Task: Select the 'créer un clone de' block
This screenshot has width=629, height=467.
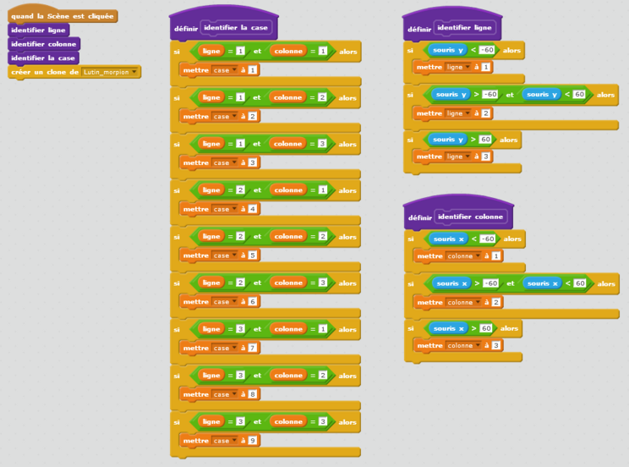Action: coord(44,73)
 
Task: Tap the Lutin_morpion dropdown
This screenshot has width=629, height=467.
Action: coord(110,73)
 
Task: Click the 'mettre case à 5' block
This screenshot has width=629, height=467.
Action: coord(196,255)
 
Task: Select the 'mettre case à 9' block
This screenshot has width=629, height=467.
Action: coord(196,440)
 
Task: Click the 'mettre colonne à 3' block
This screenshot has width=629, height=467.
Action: coord(431,345)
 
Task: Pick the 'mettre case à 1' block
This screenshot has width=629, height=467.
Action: coord(196,70)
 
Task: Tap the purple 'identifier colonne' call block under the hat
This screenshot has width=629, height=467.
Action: coord(44,44)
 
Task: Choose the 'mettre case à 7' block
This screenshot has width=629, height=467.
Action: coord(196,348)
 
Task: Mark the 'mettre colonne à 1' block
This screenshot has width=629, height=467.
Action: coord(431,255)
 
